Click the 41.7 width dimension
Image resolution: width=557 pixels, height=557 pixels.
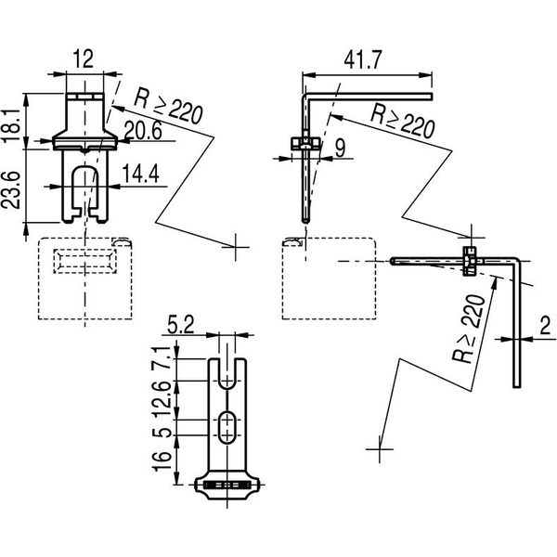click(x=363, y=59)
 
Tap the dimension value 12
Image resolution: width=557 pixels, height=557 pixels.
click(x=84, y=58)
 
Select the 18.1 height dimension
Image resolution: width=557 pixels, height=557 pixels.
click(x=12, y=126)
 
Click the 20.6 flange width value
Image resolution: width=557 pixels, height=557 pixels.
click(x=143, y=130)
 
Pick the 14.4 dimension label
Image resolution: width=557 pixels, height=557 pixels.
click(x=141, y=175)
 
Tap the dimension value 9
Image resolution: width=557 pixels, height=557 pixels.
click(x=340, y=149)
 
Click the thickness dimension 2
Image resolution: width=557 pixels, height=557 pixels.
click(x=545, y=327)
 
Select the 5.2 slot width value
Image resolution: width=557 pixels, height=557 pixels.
click(x=181, y=325)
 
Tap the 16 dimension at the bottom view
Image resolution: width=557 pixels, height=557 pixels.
click(x=163, y=461)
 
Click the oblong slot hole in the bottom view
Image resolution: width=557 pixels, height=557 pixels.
click(x=227, y=427)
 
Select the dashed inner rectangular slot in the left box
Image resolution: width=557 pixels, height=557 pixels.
click(x=84, y=261)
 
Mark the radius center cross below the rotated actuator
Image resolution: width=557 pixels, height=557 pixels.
click(x=380, y=449)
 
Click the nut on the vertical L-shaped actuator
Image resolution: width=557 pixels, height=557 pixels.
click(x=305, y=143)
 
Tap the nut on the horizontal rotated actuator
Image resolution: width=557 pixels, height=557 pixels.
click(x=470, y=261)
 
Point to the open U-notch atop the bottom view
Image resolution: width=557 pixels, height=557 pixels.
click(x=227, y=373)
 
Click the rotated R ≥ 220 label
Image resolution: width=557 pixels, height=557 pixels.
click(x=468, y=329)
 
